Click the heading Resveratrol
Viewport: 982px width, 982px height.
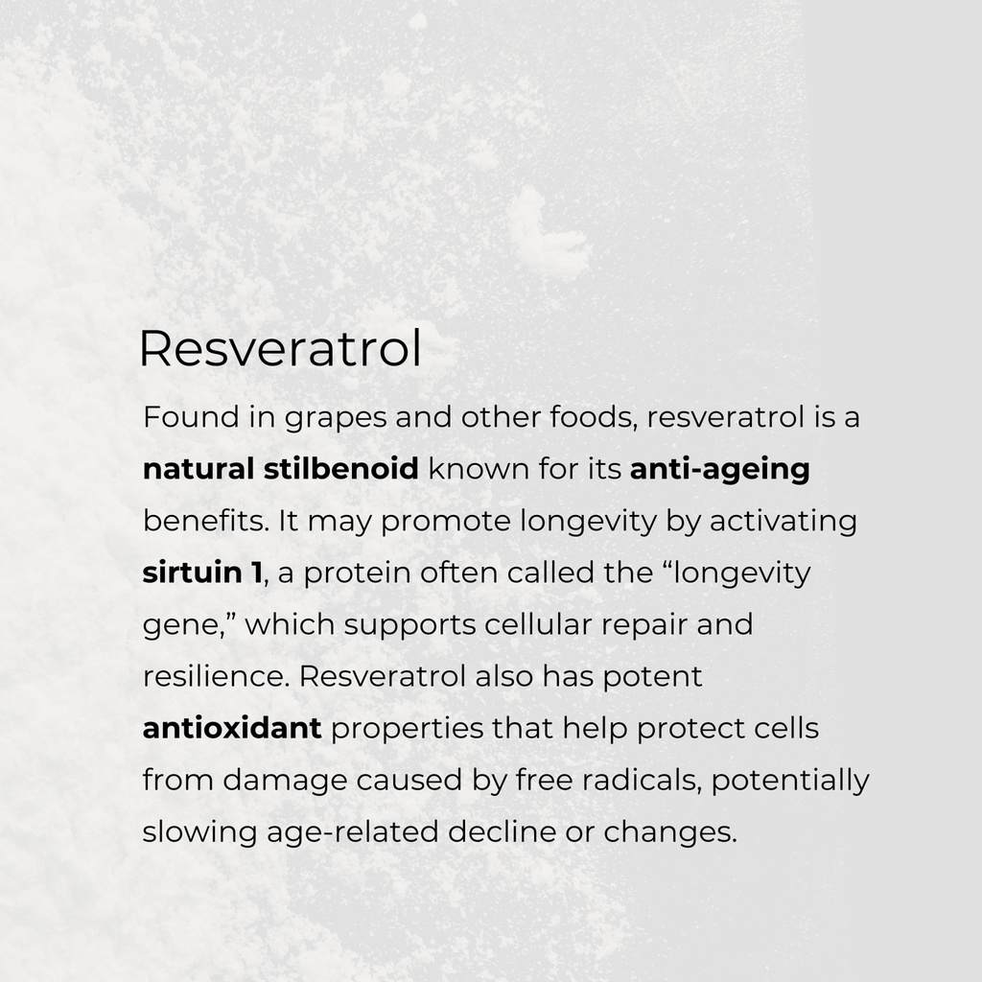280,350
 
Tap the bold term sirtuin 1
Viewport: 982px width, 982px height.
201,573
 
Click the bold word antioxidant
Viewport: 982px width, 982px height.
231,728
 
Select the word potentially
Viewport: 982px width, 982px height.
790,780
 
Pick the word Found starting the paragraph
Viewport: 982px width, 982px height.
182,418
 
